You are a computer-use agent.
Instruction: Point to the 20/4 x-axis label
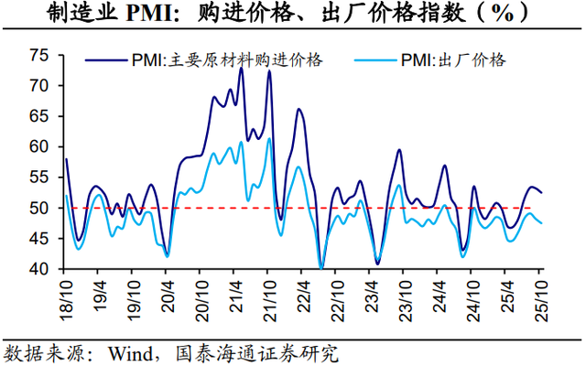coord(168,295)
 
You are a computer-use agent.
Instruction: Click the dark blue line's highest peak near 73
coord(241,68)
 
